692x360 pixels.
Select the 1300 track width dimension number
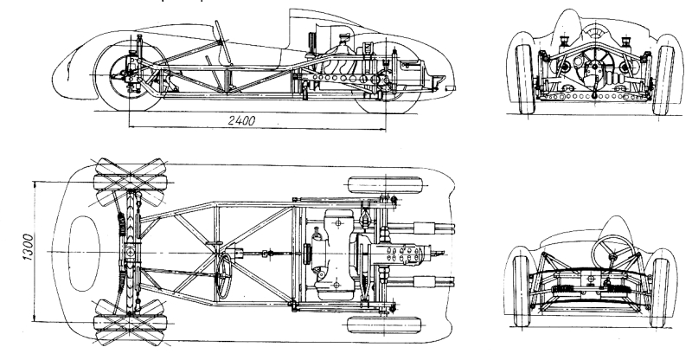coord(29,252)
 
